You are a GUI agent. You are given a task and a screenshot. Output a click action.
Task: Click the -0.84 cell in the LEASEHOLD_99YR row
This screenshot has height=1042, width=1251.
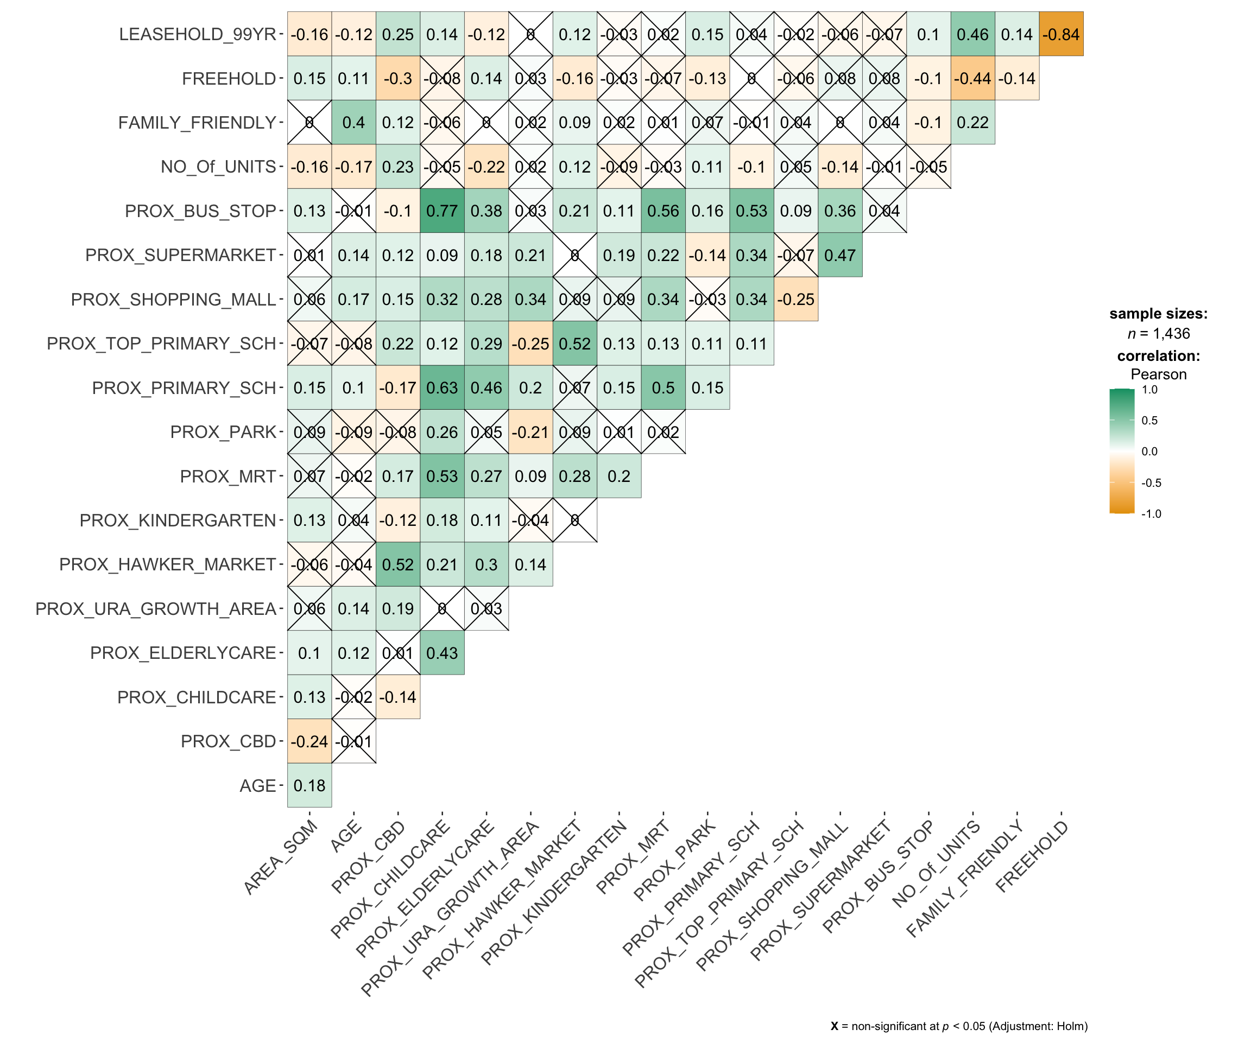click(1060, 35)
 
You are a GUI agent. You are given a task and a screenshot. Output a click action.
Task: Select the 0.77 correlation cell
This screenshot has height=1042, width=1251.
click(442, 211)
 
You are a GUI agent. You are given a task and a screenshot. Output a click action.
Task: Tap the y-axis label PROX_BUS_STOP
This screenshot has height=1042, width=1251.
click(200, 211)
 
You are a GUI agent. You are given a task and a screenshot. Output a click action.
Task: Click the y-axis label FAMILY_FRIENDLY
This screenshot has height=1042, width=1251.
click(197, 123)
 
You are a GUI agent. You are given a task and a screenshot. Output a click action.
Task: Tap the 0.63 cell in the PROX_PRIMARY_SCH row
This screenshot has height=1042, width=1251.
click(442, 388)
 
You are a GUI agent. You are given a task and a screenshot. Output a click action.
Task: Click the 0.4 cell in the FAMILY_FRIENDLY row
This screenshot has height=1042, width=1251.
click(354, 123)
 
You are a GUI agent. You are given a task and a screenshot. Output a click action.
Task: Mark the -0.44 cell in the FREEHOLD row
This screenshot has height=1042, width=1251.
click(972, 79)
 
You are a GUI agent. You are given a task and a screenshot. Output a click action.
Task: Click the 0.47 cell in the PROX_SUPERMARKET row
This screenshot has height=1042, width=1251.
click(840, 256)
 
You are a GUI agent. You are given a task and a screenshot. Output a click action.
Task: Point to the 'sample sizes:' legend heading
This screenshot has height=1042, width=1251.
click(1158, 314)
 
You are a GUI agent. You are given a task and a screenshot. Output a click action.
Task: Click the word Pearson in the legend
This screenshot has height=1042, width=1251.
click(1158, 374)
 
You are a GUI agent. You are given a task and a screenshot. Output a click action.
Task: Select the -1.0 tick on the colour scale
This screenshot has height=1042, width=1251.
click(1151, 514)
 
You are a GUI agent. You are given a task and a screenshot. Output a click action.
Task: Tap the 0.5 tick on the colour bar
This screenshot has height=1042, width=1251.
click(1149, 421)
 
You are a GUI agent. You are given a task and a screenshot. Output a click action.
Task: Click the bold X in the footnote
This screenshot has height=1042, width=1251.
click(835, 1026)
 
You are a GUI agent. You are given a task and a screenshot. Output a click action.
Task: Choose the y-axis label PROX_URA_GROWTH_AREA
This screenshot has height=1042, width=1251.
click(156, 609)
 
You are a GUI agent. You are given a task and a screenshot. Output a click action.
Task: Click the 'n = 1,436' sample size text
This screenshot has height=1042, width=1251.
click(1158, 334)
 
